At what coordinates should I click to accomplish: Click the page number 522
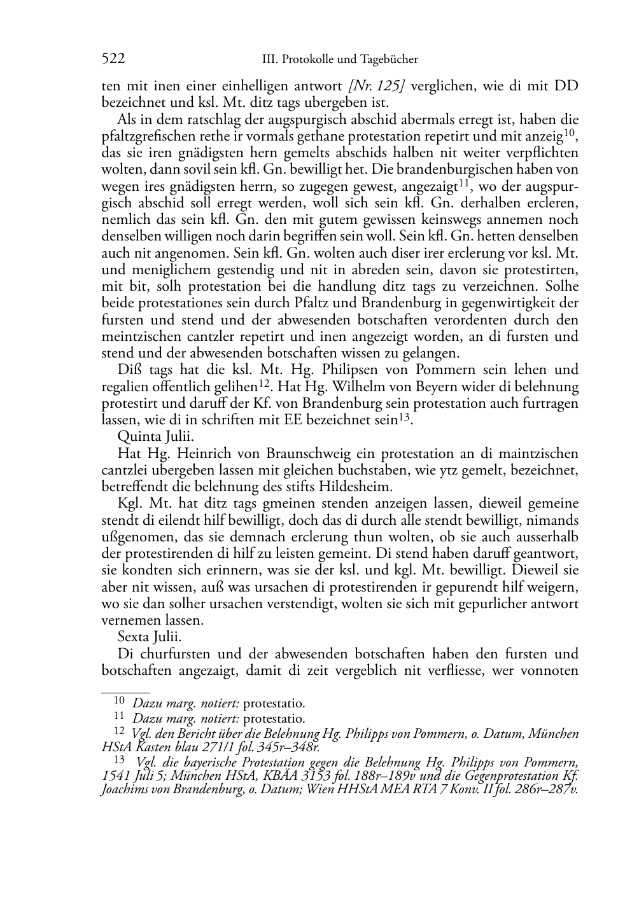(x=113, y=59)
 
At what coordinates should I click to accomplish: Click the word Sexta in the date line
(x=134, y=637)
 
